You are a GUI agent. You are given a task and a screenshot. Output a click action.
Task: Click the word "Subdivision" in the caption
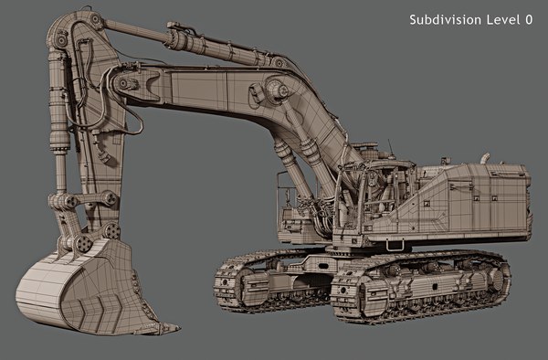tap(442, 19)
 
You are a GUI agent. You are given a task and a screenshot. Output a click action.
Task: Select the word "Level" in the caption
tap(499, 19)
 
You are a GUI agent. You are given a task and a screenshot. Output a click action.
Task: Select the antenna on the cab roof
tap(390, 146)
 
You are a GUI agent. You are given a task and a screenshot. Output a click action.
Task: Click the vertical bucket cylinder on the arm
tap(60, 119)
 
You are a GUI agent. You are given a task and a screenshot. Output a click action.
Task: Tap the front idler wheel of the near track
tap(352, 297)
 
